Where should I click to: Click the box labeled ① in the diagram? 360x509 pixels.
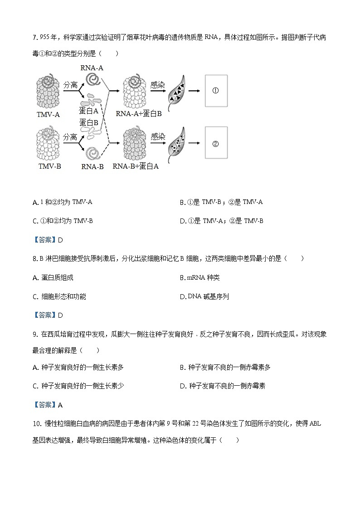point(216,91)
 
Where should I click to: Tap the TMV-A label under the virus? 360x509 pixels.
point(48,115)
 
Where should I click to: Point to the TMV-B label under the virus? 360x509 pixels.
point(49,166)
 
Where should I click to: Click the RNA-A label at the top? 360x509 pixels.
point(92,68)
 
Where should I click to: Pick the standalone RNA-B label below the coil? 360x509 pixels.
point(92,166)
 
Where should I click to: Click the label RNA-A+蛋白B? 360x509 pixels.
point(139,114)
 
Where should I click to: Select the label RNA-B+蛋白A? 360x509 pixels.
point(136,166)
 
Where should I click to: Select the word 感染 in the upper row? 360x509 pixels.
point(158,84)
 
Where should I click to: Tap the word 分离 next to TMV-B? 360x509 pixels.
point(70,137)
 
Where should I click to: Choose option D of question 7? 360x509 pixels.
point(221,221)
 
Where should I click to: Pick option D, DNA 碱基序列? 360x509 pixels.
point(204,297)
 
